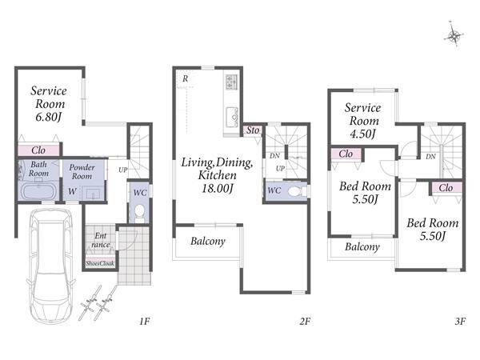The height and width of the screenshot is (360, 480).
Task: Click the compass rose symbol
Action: coord(454,35)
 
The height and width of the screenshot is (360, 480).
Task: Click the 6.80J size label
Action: coord(49,117)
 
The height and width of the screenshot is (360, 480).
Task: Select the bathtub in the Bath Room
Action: coord(39,191)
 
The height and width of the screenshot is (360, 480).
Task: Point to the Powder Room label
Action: coord(82,172)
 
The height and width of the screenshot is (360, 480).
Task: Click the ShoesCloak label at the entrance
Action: coord(100,263)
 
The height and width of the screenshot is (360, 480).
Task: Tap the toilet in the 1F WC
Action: coord(139,213)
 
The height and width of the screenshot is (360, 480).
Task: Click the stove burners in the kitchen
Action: coord(230,82)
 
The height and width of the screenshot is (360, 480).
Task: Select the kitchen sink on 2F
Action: coord(232,118)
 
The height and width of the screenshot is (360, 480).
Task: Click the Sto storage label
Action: coord(253,130)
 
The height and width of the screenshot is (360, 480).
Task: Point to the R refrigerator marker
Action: coord(186,78)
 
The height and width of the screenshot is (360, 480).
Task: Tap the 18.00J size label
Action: coord(217,188)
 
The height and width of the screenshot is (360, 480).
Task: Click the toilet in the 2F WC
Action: coord(296,191)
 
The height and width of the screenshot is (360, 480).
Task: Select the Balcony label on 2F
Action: coord(208,242)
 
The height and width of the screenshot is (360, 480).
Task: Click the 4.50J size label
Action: coord(362,134)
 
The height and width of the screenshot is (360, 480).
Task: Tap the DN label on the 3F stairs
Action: coord(430,157)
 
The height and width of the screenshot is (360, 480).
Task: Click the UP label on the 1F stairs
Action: coord(123,170)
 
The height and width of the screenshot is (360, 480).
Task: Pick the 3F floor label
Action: coord(460,322)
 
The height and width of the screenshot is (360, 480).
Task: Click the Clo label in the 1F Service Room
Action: coord(38,150)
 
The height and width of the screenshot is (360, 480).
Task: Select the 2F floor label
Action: coord(305,322)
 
